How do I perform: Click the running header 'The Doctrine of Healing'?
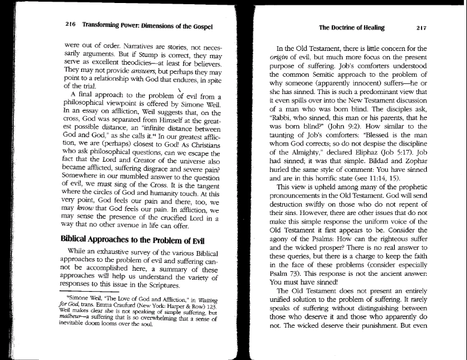tap(351, 28)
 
